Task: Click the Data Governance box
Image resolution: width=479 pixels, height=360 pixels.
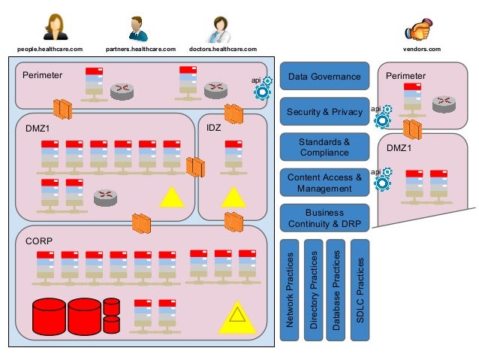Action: pyautogui.click(x=324, y=76)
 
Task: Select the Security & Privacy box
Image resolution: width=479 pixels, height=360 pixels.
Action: pyautogui.click(x=324, y=111)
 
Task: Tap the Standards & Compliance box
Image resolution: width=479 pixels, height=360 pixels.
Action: pyautogui.click(x=324, y=147)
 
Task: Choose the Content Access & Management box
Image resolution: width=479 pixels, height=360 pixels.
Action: pyautogui.click(x=324, y=183)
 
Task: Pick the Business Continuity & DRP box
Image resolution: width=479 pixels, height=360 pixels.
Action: pyautogui.click(x=324, y=218)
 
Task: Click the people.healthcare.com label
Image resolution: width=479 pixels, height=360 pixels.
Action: pyautogui.click(x=50, y=50)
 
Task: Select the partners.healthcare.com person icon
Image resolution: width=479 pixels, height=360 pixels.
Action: pyautogui.click(x=137, y=29)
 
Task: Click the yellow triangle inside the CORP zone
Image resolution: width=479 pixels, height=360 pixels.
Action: pyautogui.click(x=237, y=316)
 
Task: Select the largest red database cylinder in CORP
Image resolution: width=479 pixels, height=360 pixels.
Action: pyautogui.click(x=50, y=316)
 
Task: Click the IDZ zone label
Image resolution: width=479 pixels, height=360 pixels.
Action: pyautogui.click(x=213, y=129)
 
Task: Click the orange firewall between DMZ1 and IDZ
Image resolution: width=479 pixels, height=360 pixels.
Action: pyautogui.click(x=195, y=167)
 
